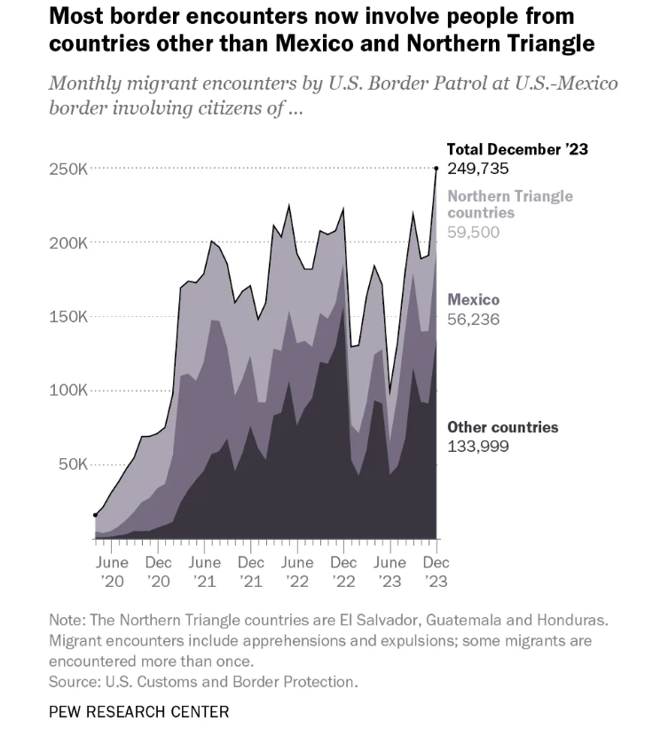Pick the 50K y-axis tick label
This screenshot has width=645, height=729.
[70, 464]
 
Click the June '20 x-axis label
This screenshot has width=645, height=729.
[113, 571]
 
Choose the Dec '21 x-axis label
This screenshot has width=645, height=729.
[251, 571]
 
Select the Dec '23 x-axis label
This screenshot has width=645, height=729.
[435, 571]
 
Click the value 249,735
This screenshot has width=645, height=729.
[477, 168]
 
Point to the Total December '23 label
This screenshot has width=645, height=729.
[517, 149]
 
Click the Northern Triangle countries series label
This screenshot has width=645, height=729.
[509, 204]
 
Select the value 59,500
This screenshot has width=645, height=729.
[473, 233]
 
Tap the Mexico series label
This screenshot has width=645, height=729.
[473, 300]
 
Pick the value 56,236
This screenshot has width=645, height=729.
[473, 319]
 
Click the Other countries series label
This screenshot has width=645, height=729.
[502, 427]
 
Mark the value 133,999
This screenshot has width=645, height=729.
[477, 446]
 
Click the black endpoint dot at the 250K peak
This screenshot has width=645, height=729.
[436, 168]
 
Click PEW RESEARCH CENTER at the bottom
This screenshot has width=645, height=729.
[138, 711]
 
